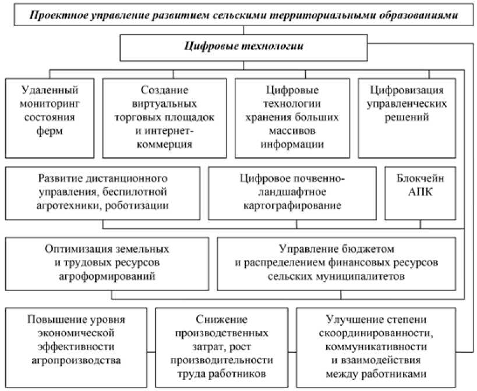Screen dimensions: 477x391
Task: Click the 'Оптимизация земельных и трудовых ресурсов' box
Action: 107,263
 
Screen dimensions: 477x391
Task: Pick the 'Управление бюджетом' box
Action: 336,263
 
